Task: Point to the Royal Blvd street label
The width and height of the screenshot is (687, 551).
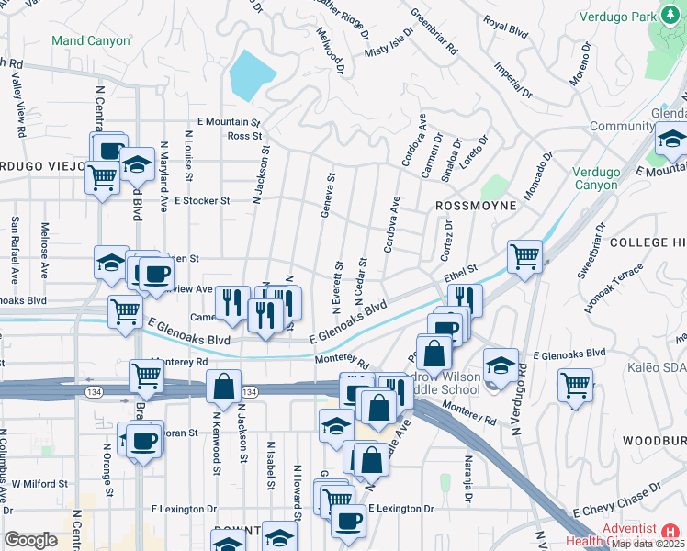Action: pyautogui.click(x=505, y=28)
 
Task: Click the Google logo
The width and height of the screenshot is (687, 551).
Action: pyautogui.click(x=30, y=540)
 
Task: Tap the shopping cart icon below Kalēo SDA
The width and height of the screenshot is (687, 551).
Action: pyautogui.click(x=576, y=384)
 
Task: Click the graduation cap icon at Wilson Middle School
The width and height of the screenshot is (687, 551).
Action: pyautogui.click(x=500, y=365)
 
